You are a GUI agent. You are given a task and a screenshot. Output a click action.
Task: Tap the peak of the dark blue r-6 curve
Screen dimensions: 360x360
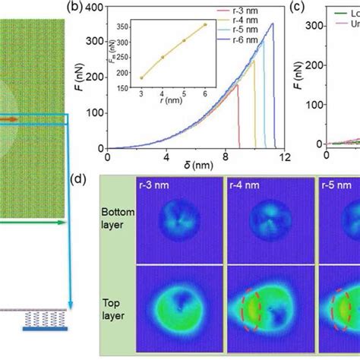[273, 24]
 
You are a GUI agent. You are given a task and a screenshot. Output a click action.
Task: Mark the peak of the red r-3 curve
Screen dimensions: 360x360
[237, 84]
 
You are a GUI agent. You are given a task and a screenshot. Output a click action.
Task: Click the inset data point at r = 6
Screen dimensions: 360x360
[204, 24]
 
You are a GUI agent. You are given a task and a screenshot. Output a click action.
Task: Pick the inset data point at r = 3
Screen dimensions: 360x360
[142, 77]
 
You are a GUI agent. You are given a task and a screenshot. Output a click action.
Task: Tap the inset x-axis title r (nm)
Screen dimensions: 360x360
[172, 98]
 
